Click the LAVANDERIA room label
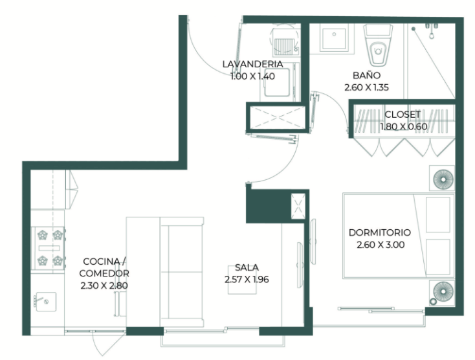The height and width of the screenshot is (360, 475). pos(252,64)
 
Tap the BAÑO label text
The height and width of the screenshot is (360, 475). pos(366,75)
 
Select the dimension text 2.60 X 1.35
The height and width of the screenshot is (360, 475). pos(366,87)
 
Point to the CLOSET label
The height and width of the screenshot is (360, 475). pos(403,115)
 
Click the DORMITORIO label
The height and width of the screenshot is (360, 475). pos(380,232)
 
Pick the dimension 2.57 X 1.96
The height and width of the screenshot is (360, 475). pos(247,280)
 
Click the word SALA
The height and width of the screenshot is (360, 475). pos(247,267)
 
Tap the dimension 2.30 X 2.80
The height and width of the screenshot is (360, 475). pos(104,286)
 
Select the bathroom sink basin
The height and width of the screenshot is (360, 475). pos(334,39)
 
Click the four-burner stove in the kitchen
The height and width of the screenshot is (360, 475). pos(49,248)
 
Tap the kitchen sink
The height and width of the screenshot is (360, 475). pos(45,302)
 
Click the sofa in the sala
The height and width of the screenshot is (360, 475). pos(182,272)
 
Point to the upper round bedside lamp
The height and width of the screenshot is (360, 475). pos(443,179)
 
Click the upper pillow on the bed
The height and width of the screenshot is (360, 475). pos(437,214)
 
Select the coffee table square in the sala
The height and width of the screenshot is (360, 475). pos(242,280)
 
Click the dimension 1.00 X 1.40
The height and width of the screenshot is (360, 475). pos(252,76)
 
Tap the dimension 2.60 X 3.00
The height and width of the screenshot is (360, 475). pos(381,245)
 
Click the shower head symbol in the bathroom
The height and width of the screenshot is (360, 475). pos(414,28)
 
